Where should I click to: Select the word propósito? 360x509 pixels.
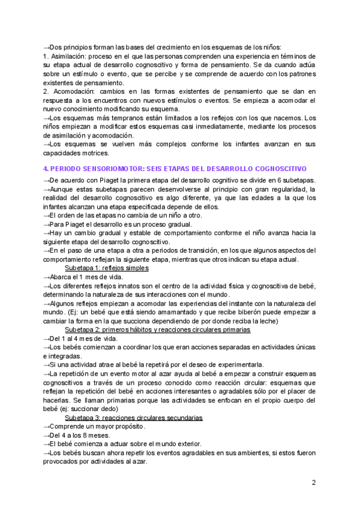pyautogui.click(x=127, y=426)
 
